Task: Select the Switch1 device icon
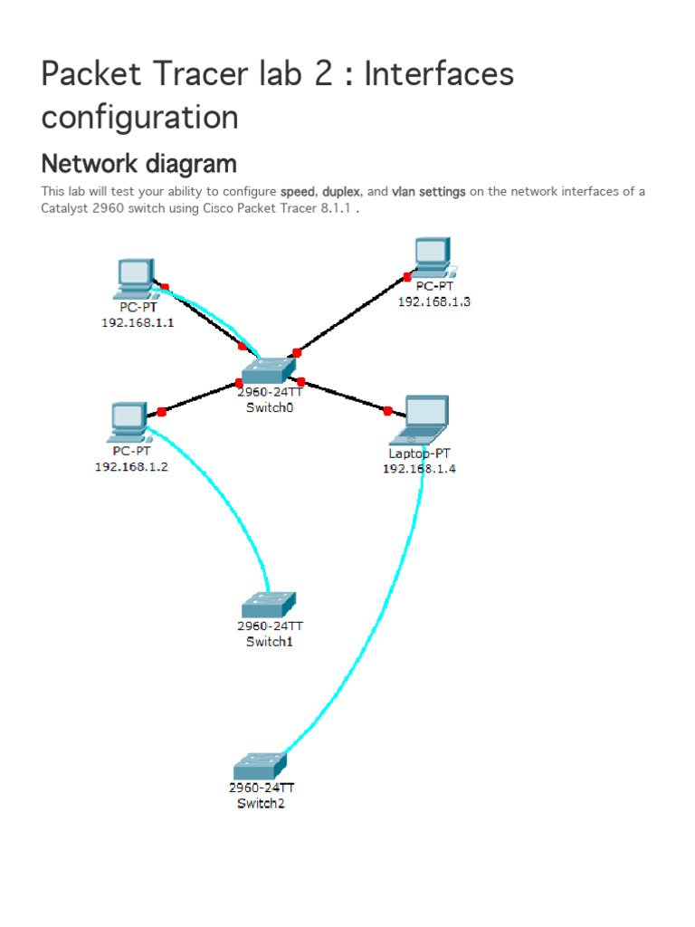tap(269, 605)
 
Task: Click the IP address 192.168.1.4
tap(419, 469)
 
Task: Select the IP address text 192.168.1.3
tap(434, 302)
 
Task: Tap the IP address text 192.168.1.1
tap(138, 322)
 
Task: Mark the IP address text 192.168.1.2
tap(131, 467)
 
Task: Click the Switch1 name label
tap(270, 642)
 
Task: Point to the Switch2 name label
tap(261, 804)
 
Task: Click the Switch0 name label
tap(270, 408)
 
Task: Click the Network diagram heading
tap(138, 164)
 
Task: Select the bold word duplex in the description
tap(342, 192)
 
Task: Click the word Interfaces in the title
tap(439, 73)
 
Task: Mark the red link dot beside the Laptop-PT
tap(388, 411)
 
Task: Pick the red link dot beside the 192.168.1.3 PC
tap(407, 277)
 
